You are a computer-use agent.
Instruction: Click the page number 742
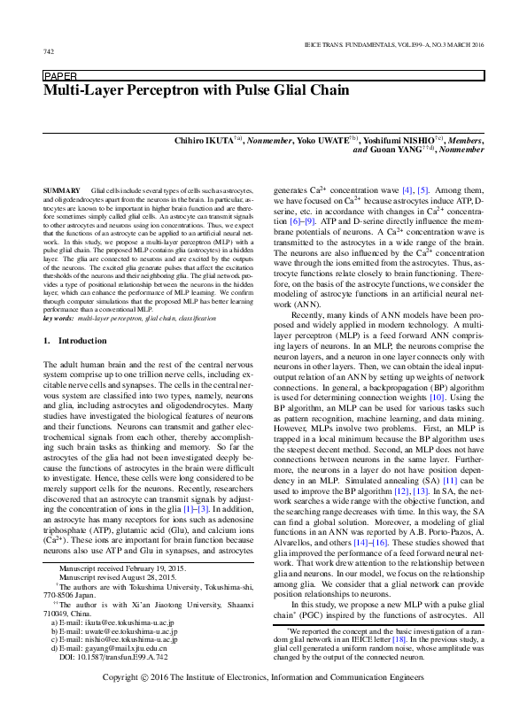click(x=48, y=52)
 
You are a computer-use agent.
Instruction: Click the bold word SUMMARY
click(x=61, y=191)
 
